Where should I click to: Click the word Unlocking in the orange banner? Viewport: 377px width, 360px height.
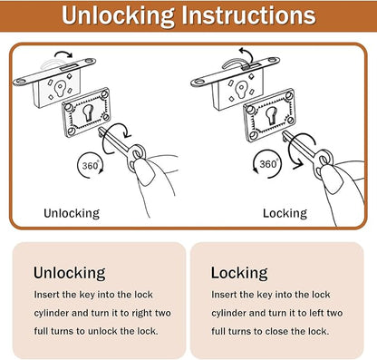(118, 15)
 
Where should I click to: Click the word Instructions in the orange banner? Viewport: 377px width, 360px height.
(248, 15)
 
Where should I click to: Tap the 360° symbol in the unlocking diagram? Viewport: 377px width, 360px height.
(91, 165)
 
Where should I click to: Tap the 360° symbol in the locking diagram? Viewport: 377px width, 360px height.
(267, 164)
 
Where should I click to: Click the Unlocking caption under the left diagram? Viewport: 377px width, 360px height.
(72, 213)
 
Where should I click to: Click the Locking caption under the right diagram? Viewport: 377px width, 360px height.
(285, 213)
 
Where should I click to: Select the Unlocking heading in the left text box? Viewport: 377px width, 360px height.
(70, 273)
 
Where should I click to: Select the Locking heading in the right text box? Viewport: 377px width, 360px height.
(239, 273)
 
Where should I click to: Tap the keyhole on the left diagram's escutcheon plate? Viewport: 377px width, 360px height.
(88, 112)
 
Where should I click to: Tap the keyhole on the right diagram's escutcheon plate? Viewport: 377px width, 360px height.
(271, 116)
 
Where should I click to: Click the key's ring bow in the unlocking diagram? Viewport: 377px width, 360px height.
(137, 154)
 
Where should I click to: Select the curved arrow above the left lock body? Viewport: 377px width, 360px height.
(63, 54)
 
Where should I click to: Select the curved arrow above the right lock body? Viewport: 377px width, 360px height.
(245, 54)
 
